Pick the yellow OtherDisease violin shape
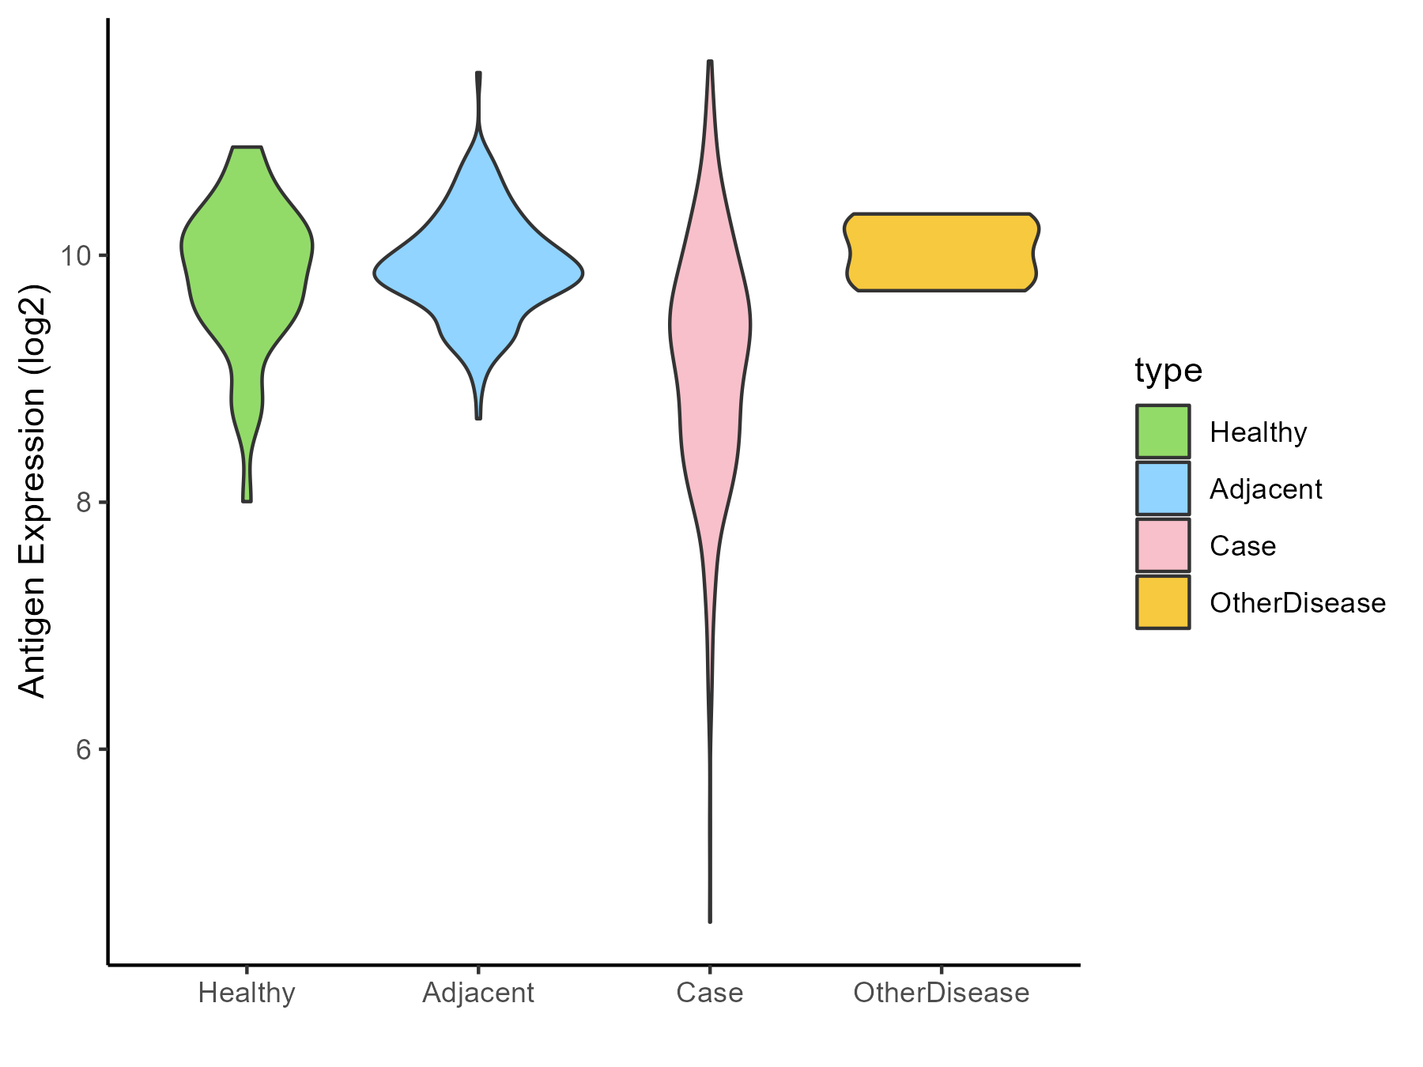point(941,252)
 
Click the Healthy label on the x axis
point(247,993)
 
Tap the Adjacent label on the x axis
point(478,993)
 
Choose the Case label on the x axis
point(709,993)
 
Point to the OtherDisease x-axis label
point(941,993)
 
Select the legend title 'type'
point(1168,370)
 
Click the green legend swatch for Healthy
point(1163,432)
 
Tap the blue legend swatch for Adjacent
point(1163,488)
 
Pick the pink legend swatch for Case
point(1163,545)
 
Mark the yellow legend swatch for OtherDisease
point(1163,602)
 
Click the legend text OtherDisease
point(1297,603)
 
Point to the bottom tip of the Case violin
point(710,921)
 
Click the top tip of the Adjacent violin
point(478,74)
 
